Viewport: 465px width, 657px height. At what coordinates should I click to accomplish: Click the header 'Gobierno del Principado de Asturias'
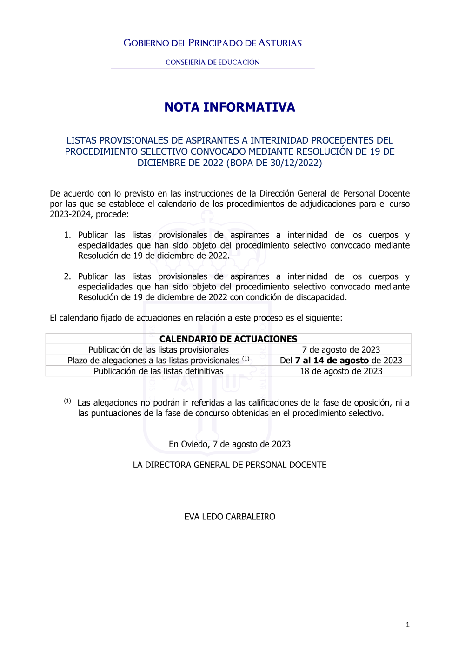[x=213, y=43]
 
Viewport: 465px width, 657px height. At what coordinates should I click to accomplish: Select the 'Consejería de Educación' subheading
[x=213, y=62]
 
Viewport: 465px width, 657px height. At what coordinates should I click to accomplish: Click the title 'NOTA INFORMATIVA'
[x=230, y=107]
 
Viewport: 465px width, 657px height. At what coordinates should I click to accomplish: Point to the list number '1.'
[x=67, y=235]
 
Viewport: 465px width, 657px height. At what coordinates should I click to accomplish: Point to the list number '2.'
[x=67, y=276]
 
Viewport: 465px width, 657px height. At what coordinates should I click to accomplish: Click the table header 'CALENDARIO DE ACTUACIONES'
[x=228, y=339]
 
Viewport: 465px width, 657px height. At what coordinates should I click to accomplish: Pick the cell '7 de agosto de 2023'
[x=341, y=350]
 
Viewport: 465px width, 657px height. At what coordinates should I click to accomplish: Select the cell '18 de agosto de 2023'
[x=341, y=371]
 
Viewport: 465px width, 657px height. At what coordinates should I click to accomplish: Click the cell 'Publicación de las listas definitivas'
[x=159, y=371]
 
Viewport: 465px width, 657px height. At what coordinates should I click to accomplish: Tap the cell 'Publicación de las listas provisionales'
[x=159, y=350]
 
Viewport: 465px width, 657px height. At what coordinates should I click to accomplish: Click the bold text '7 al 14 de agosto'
[x=332, y=361]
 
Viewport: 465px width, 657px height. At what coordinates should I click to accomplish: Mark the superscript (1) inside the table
[x=246, y=359]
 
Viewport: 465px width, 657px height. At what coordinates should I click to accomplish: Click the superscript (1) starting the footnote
[x=67, y=401]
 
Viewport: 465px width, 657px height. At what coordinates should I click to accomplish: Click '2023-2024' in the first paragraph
[x=70, y=214]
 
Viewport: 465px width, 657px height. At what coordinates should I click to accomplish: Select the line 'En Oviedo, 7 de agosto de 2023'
[x=230, y=444]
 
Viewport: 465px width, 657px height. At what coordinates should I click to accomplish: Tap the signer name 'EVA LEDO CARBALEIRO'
[x=230, y=517]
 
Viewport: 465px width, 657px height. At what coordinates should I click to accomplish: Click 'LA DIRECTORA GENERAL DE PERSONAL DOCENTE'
[x=230, y=465]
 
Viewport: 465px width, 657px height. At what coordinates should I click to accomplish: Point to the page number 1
[x=408, y=625]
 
